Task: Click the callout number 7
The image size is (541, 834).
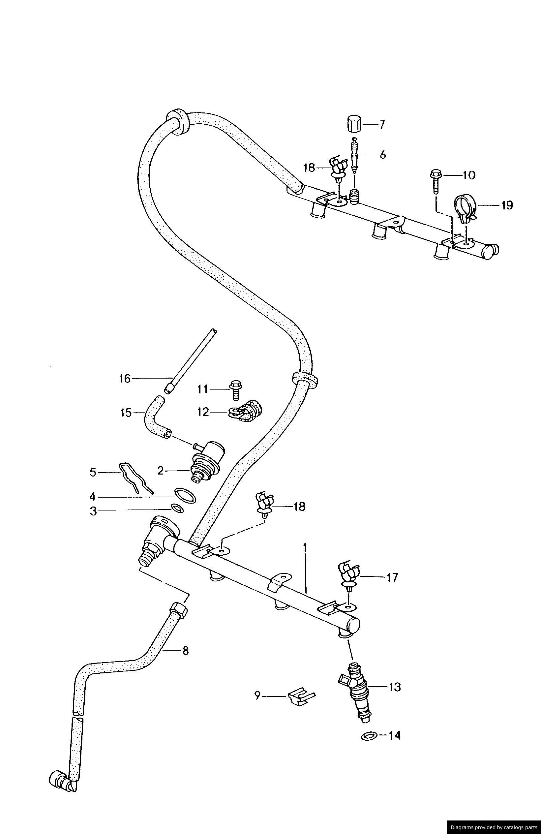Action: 381,124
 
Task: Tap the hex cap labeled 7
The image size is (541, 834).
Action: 354,124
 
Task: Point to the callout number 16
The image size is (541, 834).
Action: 125,379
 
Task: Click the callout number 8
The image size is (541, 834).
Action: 185,651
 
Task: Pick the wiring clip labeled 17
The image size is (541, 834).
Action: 348,578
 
